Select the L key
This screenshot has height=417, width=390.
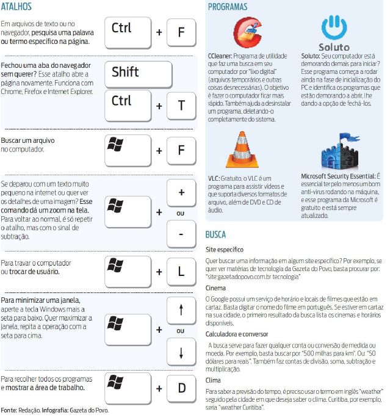(181, 270)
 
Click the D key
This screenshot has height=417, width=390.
(181, 388)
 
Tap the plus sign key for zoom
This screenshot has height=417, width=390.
(181, 193)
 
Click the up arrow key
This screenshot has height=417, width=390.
(181, 310)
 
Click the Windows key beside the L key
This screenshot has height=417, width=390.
(128, 270)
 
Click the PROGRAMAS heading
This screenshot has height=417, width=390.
(228, 7)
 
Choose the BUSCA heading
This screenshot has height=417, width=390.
(216, 234)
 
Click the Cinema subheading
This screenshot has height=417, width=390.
(215, 288)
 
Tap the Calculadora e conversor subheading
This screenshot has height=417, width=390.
(237, 333)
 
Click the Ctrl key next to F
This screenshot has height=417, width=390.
(128, 32)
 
